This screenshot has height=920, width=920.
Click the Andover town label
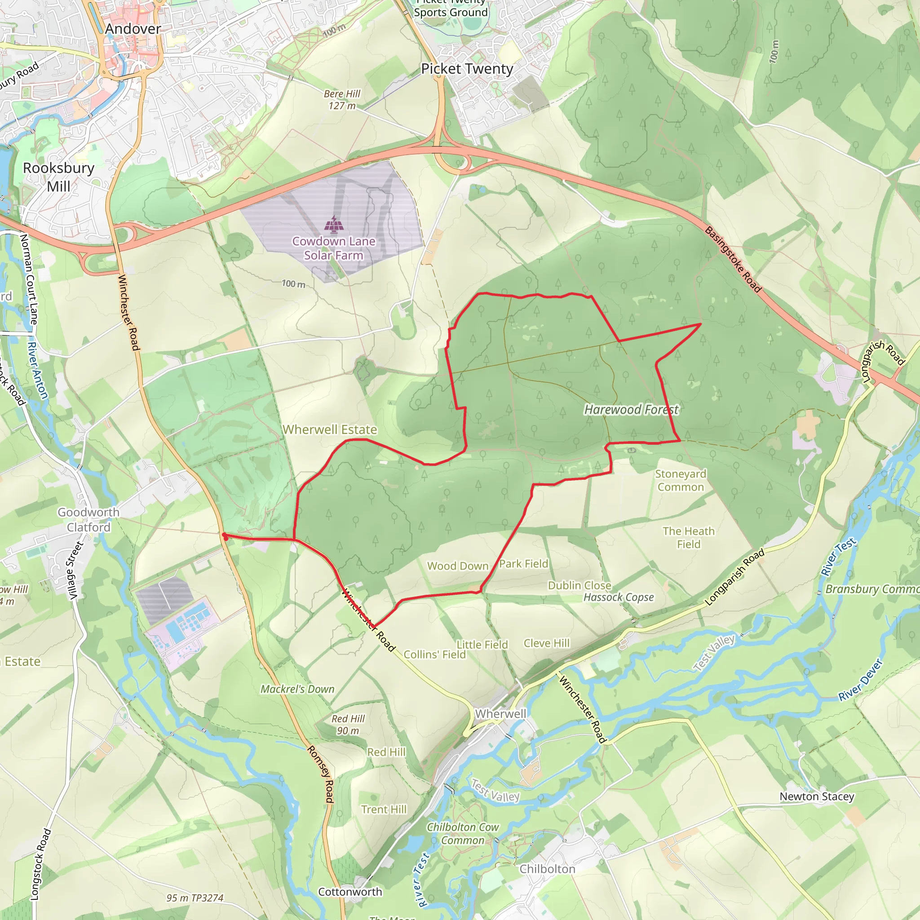point(133,29)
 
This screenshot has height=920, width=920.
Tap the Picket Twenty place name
point(467,69)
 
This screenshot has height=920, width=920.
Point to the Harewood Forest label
point(631,410)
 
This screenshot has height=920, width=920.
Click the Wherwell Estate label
point(330,429)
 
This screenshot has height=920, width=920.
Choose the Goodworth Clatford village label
point(88,520)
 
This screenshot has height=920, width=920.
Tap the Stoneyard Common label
point(681,480)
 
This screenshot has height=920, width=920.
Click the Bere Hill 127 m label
point(342,100)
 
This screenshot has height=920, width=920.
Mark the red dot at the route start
point(224,536)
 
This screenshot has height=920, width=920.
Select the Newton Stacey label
point(817,796)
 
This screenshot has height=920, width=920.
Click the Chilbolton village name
point(547,869)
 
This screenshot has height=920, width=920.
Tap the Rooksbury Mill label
point(58,177)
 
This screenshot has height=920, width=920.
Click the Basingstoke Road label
point(733,259)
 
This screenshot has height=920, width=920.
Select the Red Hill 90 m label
point(348,724)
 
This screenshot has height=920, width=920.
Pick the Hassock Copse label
point(619,597)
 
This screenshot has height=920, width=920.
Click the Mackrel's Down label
point(297,689)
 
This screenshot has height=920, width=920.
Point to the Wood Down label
point(458,566)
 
